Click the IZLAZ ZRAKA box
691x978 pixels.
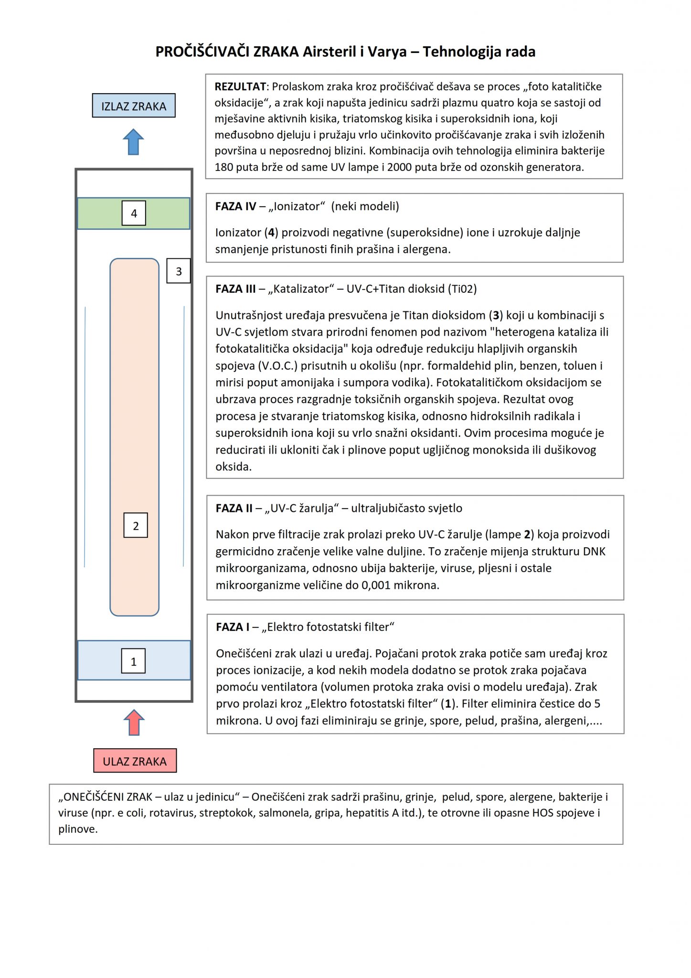pyautogui.click(x=134, y=106)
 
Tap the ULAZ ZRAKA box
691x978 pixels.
pyautogui.click(x=135, y=761)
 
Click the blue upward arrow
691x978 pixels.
pyautogui.click(x=133, y=142)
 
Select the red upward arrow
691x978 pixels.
pyautogui.click(x=134, y=722)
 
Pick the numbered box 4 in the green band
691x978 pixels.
pyautogui.click(x=134, y=213)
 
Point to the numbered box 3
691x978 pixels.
pyautogui.click(x=179, y=271)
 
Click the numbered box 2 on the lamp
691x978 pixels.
pyautogui.click(x=136, y=525)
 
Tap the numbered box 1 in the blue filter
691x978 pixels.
pyautogui.click(x=133, y=661)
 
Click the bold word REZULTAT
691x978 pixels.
pyautogui.click(x=240, y=87)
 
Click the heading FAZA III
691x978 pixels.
pyautogui.click(x=235, y=289)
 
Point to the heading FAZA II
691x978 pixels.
pyautogui.click(x=234, y=508)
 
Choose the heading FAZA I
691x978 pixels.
pyautogui.click(x=233, y=627)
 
